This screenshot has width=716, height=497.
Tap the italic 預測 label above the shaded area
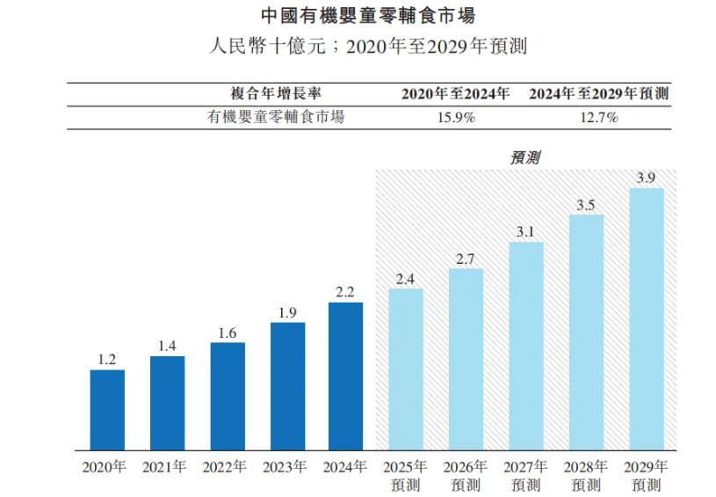[x=524, y=157]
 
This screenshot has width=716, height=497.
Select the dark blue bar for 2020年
[x=107, y=410]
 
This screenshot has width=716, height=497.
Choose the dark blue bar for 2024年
[x=346, y=376]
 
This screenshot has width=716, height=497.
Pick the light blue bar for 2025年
[x=405, y=369]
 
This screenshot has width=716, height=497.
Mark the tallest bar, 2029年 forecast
[x=646, y=318]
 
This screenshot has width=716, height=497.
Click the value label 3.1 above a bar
[x=525, y=232]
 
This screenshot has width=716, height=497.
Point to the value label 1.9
[x=287, y=313]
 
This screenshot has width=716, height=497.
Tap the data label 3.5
[x=586, y=205]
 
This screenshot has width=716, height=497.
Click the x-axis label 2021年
[x=167, y=467]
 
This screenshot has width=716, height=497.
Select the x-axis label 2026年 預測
[x=466, y=475]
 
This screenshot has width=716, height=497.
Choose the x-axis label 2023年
[x=287, y=467]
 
